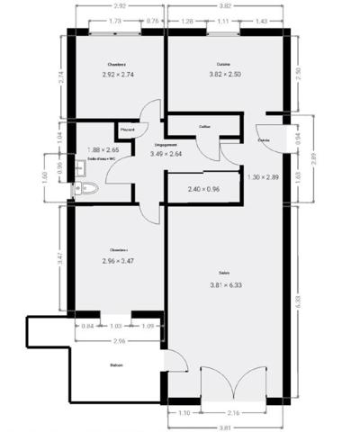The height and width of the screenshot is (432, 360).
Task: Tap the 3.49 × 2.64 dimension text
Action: tap(166, 154)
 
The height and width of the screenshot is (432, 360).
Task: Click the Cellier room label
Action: tap(204, 127)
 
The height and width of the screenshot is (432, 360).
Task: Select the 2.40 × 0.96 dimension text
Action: tap(203, 190)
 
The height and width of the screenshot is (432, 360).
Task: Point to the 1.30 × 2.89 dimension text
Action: tap(264, 177)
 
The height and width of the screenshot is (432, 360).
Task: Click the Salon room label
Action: tap(223, 274)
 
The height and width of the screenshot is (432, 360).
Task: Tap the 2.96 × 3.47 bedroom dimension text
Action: tap(118, 261)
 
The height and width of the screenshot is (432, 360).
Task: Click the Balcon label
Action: tap(116, 365)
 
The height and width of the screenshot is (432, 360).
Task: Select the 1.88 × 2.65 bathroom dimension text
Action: tap(103, 149)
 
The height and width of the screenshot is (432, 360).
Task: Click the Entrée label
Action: tap(264, 140)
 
